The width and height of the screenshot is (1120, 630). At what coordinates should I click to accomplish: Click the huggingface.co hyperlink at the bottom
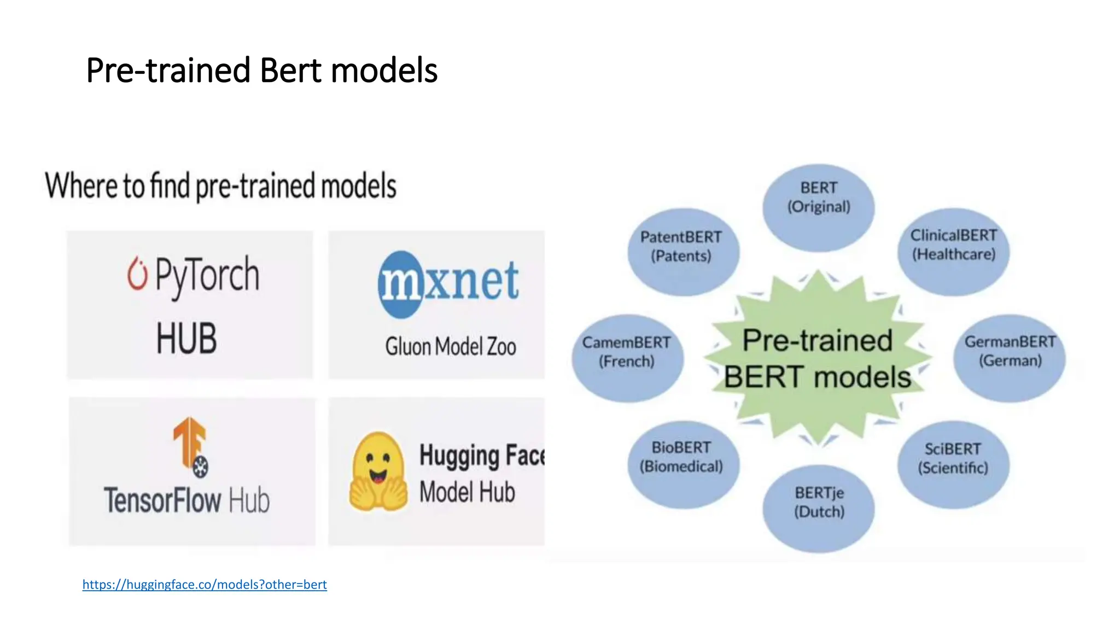[x=205, y=585]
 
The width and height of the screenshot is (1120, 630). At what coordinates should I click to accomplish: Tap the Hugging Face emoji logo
[x=378, y=471]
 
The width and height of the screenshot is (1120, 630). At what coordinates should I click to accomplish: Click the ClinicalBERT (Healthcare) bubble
[x=953, y=252]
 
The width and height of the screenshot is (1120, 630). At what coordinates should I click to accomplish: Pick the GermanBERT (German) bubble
[x=1010, y=358]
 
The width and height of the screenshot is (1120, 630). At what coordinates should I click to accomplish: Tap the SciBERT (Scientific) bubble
[x=953, y=464]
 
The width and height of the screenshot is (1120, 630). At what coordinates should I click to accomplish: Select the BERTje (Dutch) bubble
[x=819, y=509]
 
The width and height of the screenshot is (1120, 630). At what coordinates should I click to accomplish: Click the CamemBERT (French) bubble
[x=627, y=358]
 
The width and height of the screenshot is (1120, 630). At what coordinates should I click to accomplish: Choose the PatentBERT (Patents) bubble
[x=683, y=252]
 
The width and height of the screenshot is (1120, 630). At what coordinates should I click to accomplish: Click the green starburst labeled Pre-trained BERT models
[x=818, y=358]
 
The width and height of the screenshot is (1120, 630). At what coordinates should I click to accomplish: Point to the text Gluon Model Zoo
[x=451, y=347]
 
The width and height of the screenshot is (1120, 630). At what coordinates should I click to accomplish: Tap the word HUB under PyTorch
[x=186, y=339]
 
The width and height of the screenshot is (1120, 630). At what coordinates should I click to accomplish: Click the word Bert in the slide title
[x=290, y=71]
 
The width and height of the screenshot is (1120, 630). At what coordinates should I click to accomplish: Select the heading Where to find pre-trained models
[x=220, y=186]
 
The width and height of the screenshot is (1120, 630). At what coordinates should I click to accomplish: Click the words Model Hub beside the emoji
[x=467, y=492]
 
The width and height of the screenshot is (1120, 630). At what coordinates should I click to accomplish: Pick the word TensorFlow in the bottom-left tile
[x=163, y=500]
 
